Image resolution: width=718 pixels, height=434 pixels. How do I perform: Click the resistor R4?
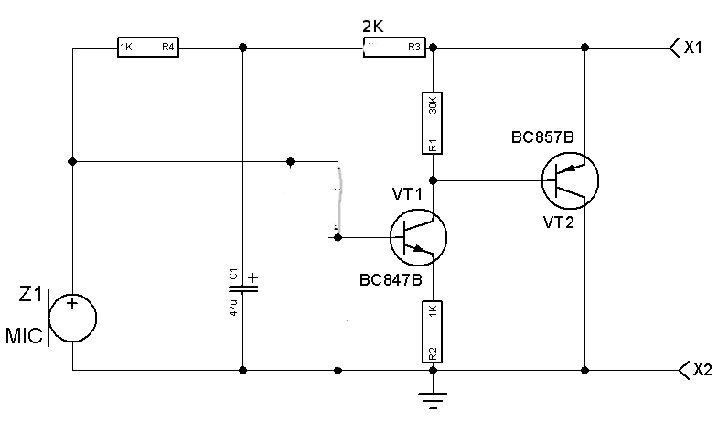[x=146, y=48]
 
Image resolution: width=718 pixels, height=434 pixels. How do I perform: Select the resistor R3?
[x=395, y=48]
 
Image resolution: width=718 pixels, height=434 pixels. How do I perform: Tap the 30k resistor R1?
[x=433, y=122]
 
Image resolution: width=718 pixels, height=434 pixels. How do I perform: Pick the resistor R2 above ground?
[x=433, y=331]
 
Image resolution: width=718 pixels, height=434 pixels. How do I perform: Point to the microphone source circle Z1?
[x=72, y=318]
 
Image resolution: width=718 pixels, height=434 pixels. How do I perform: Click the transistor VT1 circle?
[x=418, y=237]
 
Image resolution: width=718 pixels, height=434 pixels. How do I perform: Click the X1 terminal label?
[x=693, y=48]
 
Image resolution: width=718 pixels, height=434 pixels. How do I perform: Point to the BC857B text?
[x=542, y=137]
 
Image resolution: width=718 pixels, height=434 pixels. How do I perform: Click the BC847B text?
[x=391, y=281]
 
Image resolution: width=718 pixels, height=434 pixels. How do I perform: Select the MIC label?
[x=24, y=337]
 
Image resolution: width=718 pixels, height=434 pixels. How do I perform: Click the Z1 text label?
[x=31, y=295]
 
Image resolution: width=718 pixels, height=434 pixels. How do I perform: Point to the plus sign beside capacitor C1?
[x=253, y=277]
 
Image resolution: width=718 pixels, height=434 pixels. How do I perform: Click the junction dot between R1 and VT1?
[x=433, y=179]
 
